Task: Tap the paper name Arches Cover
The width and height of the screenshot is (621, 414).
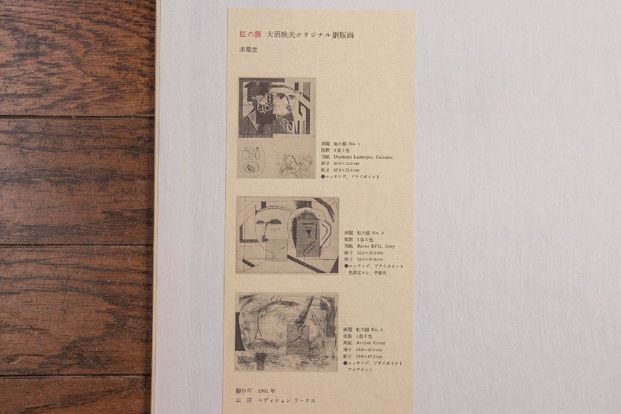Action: click(x=370, y=343)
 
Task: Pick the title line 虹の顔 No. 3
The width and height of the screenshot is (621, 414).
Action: click(x=370, y=330)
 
